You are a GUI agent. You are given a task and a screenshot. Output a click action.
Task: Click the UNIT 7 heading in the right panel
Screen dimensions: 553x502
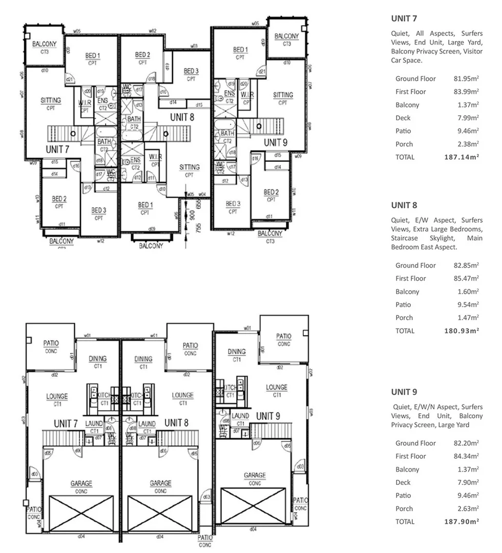pyautogui.click(x=404, y=19)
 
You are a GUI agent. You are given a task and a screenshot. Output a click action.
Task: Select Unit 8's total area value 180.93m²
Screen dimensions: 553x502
pyautogui.click(x=461, y=331)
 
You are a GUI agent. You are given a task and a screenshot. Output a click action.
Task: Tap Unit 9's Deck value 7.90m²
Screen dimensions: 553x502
pyautogui.click(x=468, y=482)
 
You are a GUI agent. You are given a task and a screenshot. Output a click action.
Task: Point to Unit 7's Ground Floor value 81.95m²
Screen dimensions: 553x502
pyautogui.click(x=466, y=79)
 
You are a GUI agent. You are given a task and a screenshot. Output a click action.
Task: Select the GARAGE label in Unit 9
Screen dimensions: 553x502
pyautogui.click(x=255, y=475)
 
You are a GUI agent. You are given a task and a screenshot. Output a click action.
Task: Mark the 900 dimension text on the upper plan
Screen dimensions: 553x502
pyautogui.click(x=192, y=216)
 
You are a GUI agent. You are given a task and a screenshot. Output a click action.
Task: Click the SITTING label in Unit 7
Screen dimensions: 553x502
pyautogui.click(x=50, y=100)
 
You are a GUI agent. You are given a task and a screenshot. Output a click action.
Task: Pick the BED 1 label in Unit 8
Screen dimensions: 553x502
pyautogui.click(x=145, y=205)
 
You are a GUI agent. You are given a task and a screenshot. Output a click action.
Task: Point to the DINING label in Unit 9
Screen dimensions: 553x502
pyautogui.click(x=237, y=352)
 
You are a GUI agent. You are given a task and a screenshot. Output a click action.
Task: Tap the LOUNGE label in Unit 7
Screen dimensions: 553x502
pyautogui.click(x=57, y=396)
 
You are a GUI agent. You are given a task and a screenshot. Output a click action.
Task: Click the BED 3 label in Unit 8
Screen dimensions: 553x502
pyautogui.click(x=191, y=71)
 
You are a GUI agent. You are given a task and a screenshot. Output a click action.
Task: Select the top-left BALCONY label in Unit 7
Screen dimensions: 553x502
pyautogui.click(x=45, y=45)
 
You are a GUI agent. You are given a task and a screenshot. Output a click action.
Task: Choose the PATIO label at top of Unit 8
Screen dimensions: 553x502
pyautogui.click(x=190, y=346)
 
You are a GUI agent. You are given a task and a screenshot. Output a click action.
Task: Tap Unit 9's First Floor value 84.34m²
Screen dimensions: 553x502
pyautogui.click(x=466, y=456)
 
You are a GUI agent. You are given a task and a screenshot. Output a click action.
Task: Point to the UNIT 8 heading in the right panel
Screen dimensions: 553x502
pyautogui.click(x=404, y=205)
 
